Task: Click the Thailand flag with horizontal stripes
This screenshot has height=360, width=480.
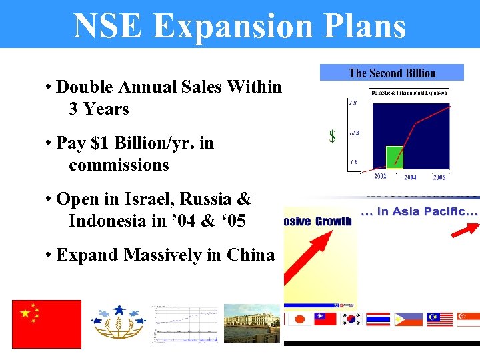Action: point(379,319)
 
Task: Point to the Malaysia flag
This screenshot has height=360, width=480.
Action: point(440,319)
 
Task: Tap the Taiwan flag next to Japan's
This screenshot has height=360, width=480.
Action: point(325,319)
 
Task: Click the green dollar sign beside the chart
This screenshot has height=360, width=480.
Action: point(332,137)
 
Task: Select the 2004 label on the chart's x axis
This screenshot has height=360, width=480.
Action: point(409,177)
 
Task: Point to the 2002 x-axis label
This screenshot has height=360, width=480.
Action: point(379,176)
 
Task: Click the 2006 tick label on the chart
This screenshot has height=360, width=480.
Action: point(439,177)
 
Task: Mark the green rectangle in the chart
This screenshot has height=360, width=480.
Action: point(395,157)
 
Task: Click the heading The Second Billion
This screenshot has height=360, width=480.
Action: point(392,73)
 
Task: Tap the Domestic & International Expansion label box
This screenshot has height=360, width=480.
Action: point(409,93)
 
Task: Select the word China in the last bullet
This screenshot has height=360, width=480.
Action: point(251,255)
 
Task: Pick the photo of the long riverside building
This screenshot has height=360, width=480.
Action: point(251,324)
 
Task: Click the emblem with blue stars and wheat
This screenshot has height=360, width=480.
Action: point(119,323)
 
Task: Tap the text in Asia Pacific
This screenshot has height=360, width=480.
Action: point(419,211)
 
